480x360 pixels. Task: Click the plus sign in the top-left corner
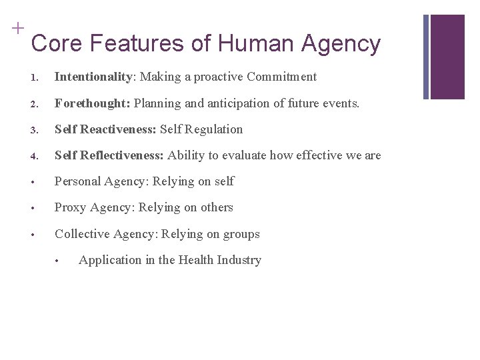click(x=17, y=28)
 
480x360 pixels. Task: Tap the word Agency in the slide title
click(x=341, y=44)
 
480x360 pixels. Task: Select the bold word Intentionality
click(x=93, y=77)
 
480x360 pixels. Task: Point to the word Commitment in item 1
click(x=281, y=77)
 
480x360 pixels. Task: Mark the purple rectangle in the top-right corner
click(x=447, y=57)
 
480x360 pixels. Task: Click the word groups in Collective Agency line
click(x=241, y=234)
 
